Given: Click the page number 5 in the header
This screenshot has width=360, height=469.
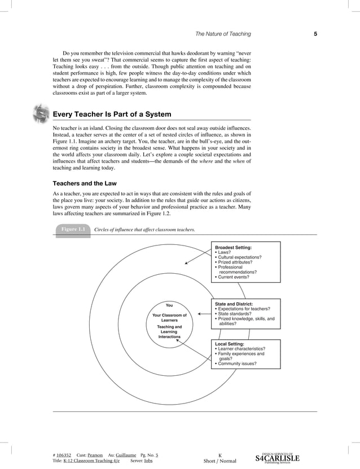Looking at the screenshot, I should pos(315,34).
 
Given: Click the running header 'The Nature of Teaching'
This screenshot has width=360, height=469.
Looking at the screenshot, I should pos(223,34).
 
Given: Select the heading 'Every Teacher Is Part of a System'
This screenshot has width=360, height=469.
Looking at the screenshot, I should pos(112,114).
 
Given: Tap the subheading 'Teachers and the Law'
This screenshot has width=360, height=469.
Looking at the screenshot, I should pos(84,183).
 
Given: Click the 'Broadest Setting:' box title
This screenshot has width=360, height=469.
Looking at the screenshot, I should pos(234,247).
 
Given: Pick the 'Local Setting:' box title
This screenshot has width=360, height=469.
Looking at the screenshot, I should pos(230,344).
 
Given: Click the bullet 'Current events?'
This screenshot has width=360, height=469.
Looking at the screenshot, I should pos(238,277).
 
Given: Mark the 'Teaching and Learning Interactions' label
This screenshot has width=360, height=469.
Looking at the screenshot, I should pos(169,332).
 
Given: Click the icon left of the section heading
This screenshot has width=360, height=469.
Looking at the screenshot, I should pos(41,113).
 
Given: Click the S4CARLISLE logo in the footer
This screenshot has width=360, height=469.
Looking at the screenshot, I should pos(278,458).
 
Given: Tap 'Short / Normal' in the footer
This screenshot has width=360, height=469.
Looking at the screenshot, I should pos(219,461).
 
